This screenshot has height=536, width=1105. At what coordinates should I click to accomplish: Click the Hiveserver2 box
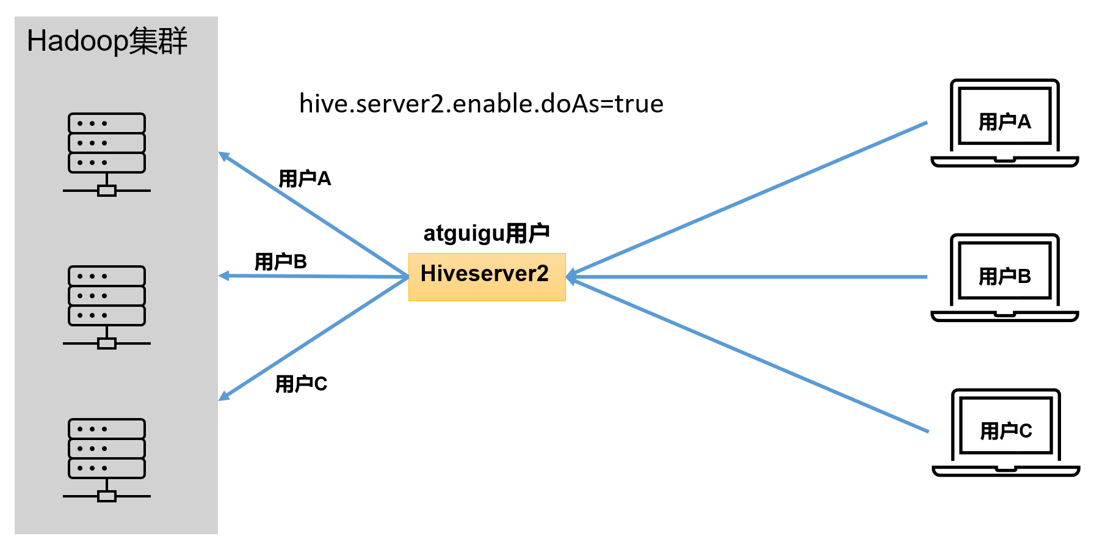(x=487, y=277)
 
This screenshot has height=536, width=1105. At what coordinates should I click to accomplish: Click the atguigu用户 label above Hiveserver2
(x=486, y=233)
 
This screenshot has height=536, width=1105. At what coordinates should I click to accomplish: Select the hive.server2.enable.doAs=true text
(x=481, y=104)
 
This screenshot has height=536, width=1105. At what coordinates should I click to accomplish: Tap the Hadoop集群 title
(x=107, y=42)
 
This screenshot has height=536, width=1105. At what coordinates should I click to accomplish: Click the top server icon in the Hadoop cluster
(x=107, y=153)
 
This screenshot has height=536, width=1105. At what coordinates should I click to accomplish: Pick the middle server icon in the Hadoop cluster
(x=107, y=306)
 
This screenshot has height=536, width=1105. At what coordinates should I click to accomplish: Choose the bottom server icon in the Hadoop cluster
(x=107, y=459)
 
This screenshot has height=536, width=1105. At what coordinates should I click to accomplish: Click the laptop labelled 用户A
(x=1004, y=122)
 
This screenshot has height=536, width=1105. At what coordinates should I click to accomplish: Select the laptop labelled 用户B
(x=1004, y=277)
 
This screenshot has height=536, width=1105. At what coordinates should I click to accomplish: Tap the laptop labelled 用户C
(x=1005, y=431)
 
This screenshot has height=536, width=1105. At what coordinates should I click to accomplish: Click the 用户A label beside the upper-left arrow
(x=304, y=178)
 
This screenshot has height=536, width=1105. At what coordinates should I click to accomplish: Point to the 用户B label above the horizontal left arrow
(x=280, y=262)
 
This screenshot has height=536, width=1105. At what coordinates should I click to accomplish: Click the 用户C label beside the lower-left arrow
(x=301, y=384)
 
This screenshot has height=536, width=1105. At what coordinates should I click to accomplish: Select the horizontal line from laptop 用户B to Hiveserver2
(x=751, y=277)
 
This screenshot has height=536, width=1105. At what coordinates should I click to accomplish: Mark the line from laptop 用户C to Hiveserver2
(x=751, y=355)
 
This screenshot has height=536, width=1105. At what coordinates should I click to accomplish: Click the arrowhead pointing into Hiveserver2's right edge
(x=571, y=277)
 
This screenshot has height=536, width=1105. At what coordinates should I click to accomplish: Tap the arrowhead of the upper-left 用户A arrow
(x=224, y=156)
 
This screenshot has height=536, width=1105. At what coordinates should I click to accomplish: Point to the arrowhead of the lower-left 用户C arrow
(x=224, y=397)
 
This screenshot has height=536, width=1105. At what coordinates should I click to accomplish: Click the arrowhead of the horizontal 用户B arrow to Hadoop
(x=224, y=276)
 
